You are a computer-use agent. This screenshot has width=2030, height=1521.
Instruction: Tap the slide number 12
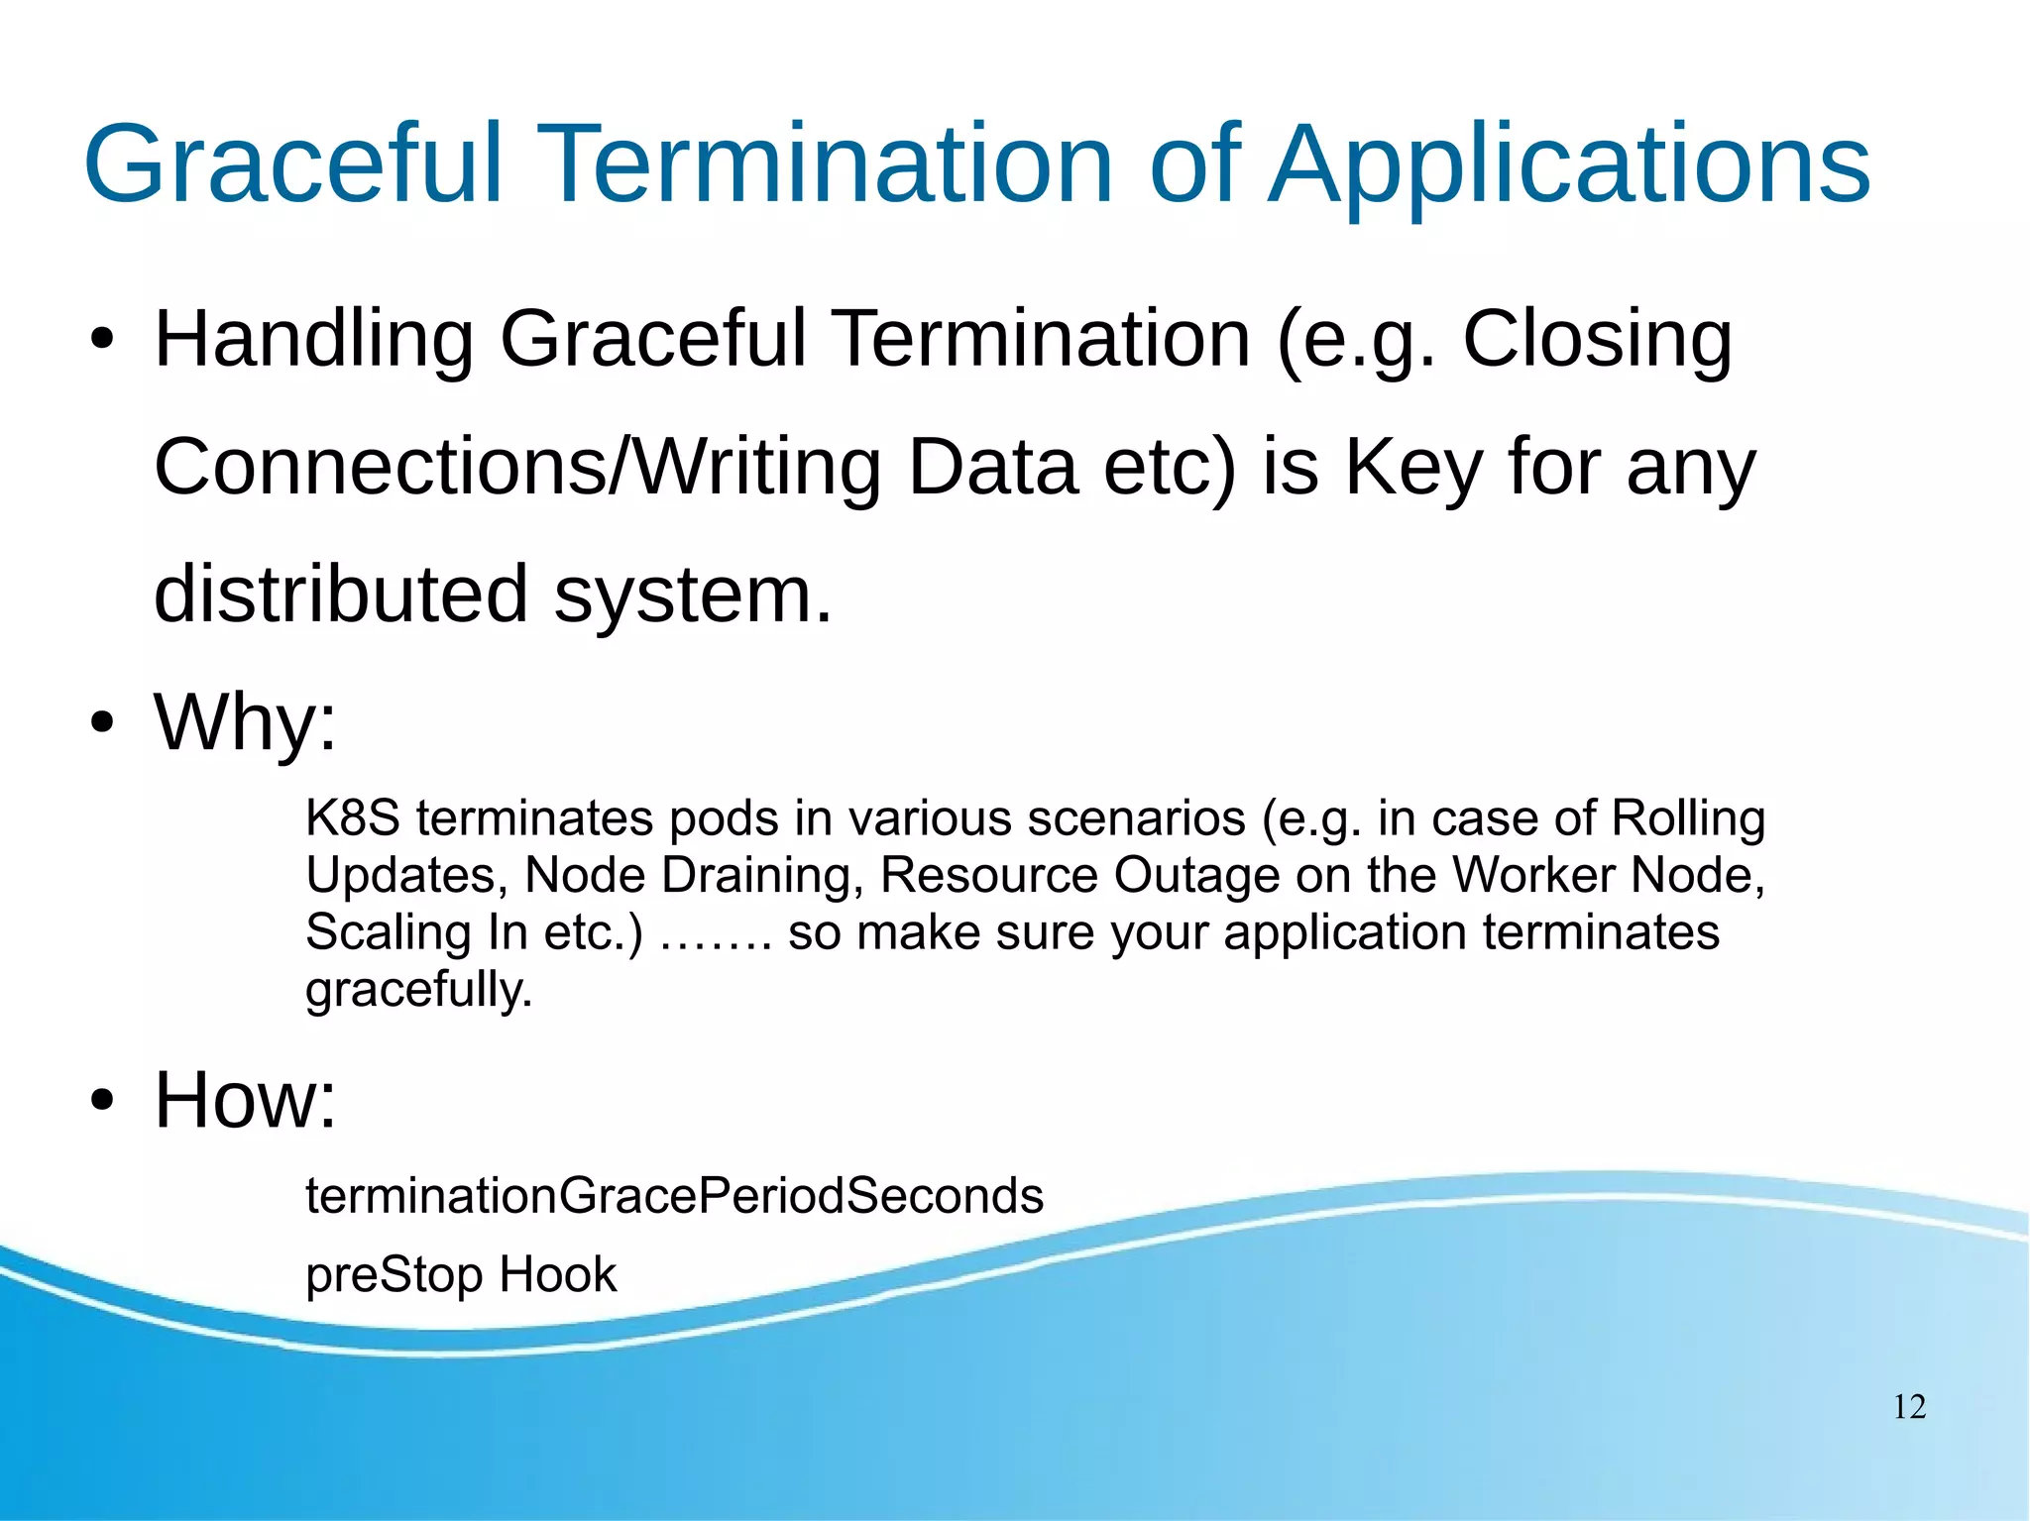(1909, 1407)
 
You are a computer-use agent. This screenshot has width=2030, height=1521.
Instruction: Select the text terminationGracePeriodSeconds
(674, 1195)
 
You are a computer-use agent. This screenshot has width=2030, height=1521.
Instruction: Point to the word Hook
(557, 1274)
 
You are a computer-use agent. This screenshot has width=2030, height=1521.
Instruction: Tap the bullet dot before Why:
(101, 723)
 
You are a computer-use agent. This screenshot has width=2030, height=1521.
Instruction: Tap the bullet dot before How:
(101, 1101)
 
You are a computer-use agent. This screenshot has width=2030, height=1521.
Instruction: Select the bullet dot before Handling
(101, 341)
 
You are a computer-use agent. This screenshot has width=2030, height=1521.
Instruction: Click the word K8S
(352, 818)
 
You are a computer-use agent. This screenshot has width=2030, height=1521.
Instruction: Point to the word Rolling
(1688, 818)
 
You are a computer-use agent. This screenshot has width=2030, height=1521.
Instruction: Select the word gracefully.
(418, 990)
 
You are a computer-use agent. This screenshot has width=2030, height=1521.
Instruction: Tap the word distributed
(340, 595)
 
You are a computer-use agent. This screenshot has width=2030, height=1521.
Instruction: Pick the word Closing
(1597, 340)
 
